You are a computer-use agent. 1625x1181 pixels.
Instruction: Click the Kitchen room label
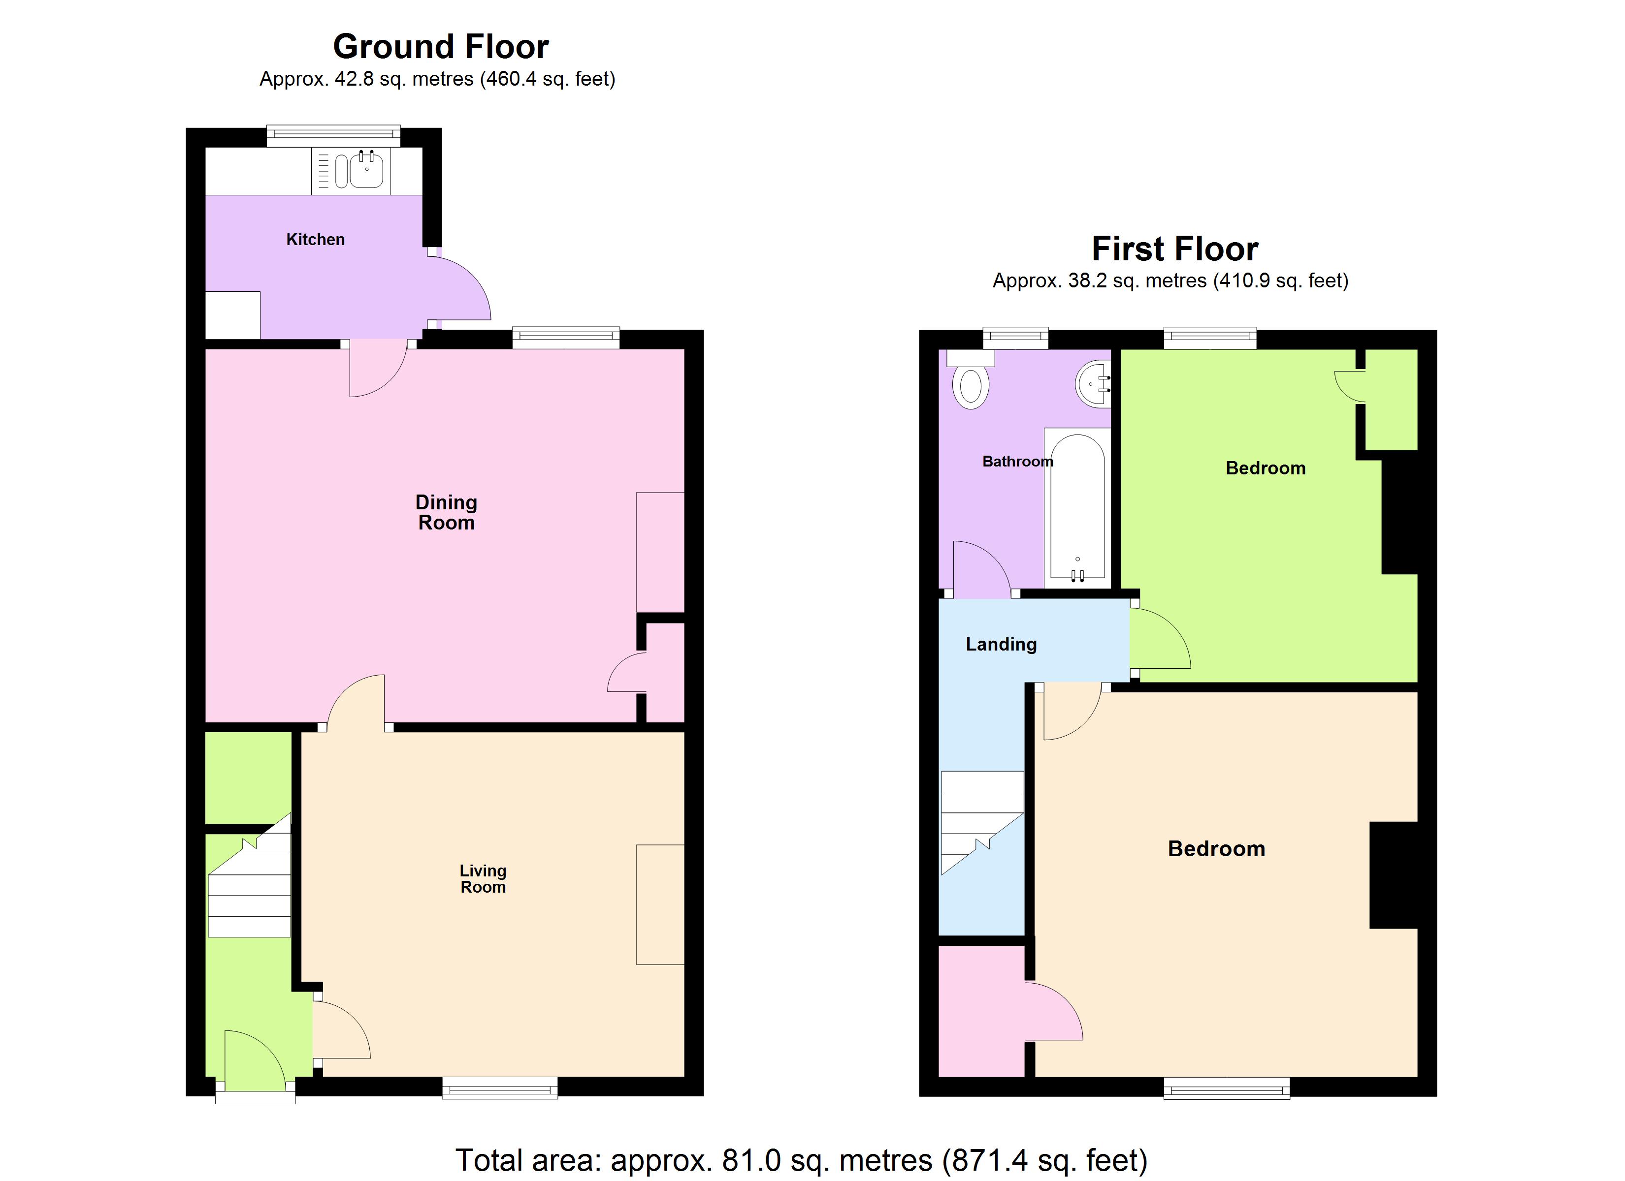click(315, 239)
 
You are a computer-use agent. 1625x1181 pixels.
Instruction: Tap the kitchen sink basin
click(366, 170)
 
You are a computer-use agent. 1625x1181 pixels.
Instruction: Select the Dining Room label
click(446, 512)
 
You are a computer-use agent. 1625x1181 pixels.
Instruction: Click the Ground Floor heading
click(441, 47)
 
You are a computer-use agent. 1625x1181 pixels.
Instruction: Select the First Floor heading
click(1174, 249)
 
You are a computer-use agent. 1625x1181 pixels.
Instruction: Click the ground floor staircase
click(249, 888)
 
